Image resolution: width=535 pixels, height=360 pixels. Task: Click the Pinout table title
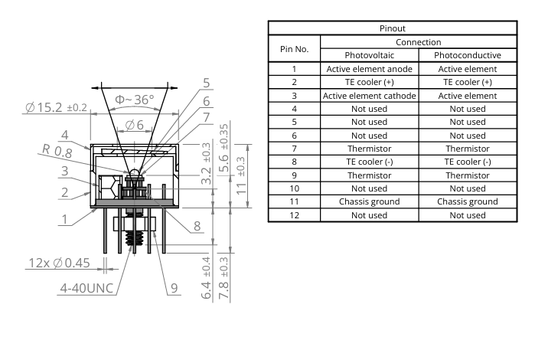point(393,28)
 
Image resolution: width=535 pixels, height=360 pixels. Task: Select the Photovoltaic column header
point(369,55)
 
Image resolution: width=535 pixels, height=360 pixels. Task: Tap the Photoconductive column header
point(468,55)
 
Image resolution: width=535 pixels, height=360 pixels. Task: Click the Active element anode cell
point(369,69)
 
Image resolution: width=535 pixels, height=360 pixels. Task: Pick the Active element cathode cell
point(369,96)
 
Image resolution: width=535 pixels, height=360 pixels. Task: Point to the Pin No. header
point(294,49)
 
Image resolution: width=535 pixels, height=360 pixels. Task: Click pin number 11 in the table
point(294,201)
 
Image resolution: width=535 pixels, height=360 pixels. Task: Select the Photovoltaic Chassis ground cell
point(369,201)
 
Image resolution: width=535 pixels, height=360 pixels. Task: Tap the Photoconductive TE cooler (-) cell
point(468,162)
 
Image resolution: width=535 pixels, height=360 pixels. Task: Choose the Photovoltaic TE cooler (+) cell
point(369,82)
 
